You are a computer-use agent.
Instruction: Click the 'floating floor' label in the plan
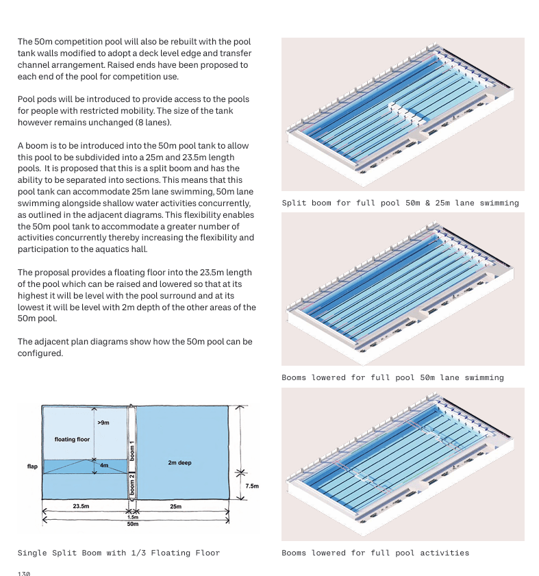pos(72,439)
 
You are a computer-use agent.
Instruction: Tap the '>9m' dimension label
pos(103,423)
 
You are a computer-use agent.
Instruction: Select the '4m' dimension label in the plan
pos(104,466)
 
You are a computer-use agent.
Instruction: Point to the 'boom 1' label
pos(132,451)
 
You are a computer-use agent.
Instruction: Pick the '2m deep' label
pos(179,463)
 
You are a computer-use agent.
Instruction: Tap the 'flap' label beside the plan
pos(32,466)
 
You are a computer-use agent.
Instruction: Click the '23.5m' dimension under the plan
pos(81,506)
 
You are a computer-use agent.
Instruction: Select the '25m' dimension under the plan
pos(175,506)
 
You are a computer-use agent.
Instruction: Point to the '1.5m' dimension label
pos(132,517)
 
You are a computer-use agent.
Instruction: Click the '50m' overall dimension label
pos(132,524)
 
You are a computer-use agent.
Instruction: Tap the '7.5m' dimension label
pos(251,486)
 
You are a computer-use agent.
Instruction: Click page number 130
pos(24,573)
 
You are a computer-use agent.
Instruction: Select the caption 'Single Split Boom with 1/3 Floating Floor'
pos(118,553)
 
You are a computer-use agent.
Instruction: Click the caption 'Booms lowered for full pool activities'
pos(375,553)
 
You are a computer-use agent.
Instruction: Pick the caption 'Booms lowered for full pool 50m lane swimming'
pos(392,377)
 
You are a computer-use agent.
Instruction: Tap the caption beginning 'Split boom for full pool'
pos(400,203)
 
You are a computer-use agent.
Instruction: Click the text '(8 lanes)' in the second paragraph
pos(152,123)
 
